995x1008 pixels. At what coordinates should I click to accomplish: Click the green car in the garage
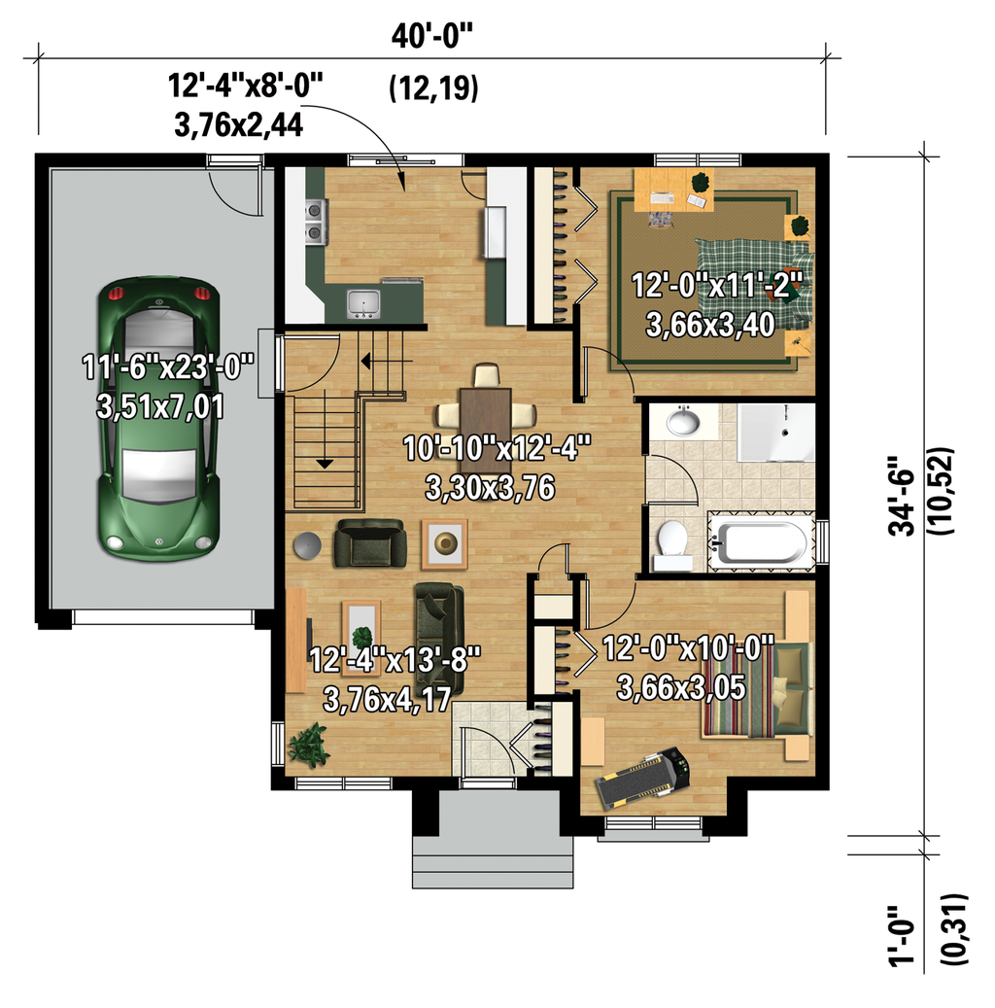[x=159, y=418]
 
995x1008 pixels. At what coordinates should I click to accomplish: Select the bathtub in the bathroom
[x=761, y=541]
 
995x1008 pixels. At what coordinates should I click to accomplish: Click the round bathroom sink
[x=683, y=422]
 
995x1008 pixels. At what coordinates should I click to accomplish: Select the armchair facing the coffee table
[x=369, y=544]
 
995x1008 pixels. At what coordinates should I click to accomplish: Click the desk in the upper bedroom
[x=673, y=190]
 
